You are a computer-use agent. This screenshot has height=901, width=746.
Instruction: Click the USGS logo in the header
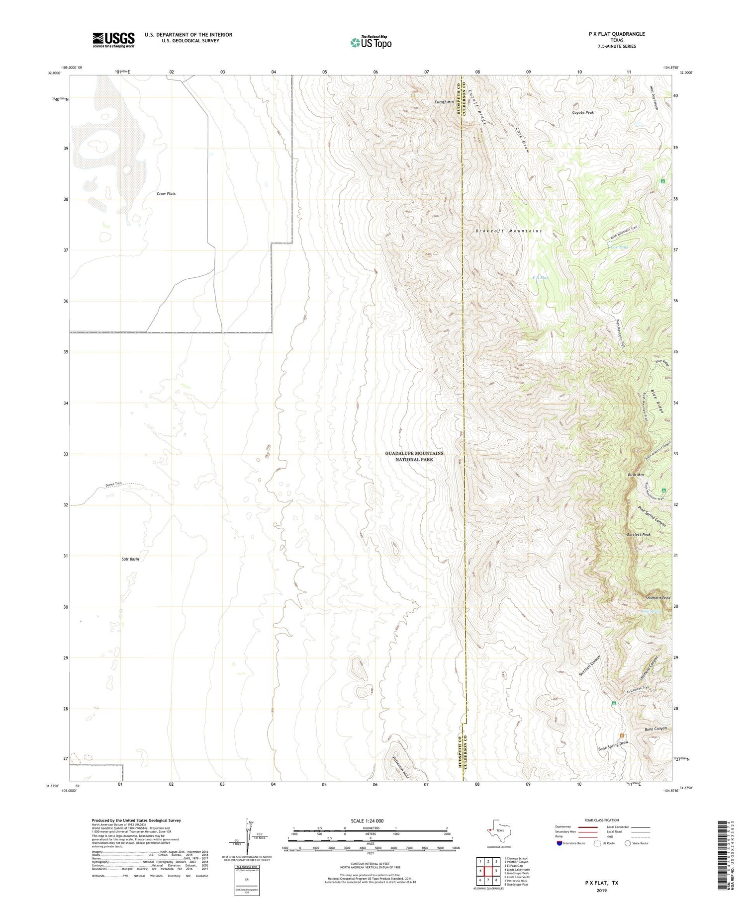[113, 40]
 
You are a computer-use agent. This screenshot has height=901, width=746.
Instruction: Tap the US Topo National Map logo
[371, 43]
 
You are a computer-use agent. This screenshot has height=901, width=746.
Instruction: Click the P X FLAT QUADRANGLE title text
[617, 34]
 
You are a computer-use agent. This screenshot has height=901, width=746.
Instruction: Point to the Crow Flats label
[166, 193]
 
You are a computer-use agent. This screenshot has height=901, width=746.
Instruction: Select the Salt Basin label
[130, 559]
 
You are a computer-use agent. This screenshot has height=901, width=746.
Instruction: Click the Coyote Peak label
[582, 112]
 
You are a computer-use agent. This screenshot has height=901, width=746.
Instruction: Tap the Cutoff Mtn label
[444, 102]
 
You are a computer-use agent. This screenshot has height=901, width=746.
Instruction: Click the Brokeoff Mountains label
[508, 231]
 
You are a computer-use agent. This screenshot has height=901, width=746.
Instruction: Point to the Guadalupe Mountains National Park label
[414, 456]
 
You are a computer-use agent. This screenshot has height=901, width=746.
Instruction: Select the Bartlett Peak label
[639, 535]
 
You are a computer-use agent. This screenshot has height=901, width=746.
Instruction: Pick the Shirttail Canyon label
[590, 665]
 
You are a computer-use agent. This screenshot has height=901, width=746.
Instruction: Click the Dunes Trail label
[113, 484]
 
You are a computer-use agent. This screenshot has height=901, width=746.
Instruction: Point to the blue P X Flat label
[540, 277]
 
